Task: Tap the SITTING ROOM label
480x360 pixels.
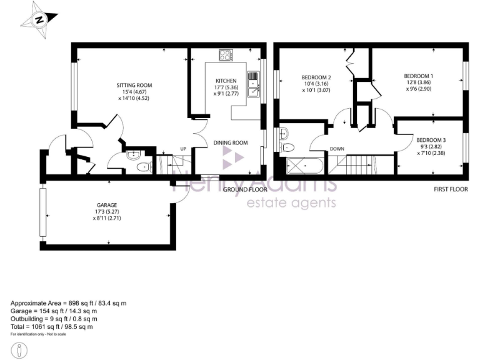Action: (134, 85)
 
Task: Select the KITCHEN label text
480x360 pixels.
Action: (226, 81)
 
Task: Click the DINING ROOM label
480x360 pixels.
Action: (231, 142)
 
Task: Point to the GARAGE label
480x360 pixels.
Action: (107, 205)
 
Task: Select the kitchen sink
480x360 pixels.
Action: (253, 84)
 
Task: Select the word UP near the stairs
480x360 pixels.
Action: (183, 149)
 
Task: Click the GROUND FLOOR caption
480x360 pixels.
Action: (246, 189)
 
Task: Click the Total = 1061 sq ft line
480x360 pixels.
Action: (52, 326)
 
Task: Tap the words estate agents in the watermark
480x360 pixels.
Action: (292, 202)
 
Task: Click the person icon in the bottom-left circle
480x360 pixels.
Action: (19, 350)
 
